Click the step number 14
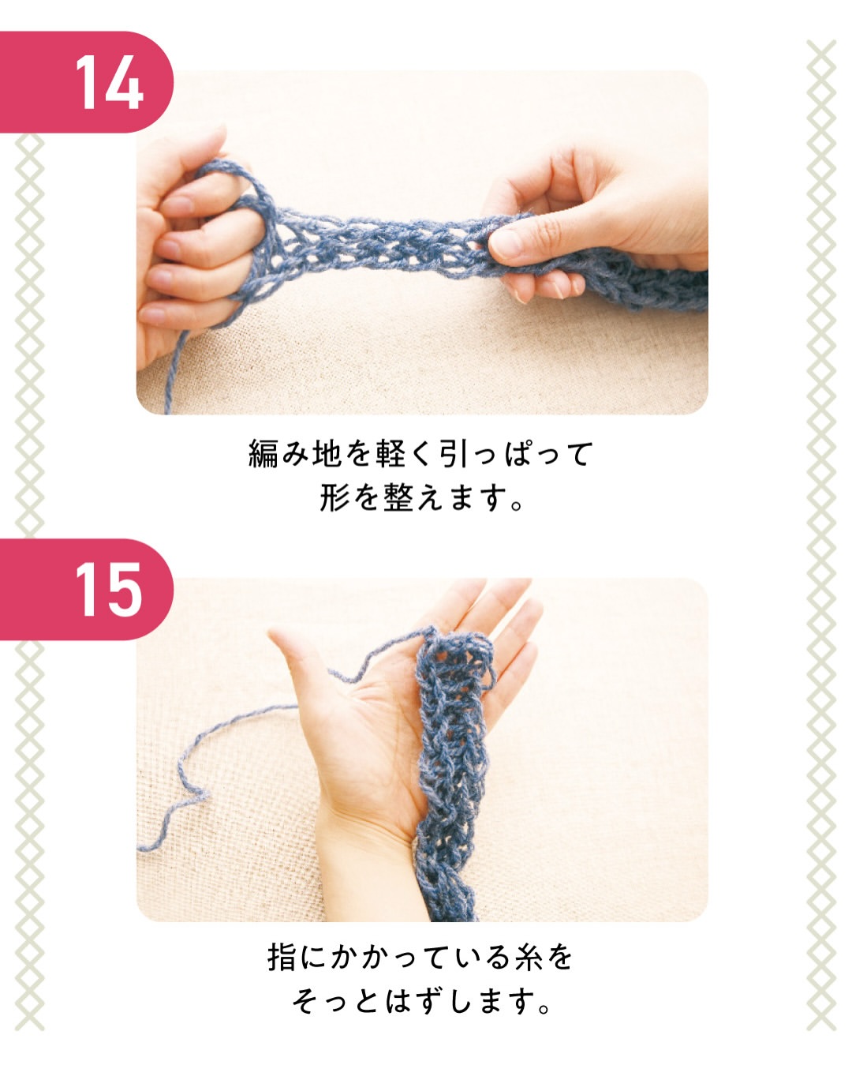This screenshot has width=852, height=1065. [x=110, y=82]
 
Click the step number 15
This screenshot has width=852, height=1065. [x=110, y=589]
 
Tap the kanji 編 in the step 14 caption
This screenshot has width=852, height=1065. [x=263, y=454]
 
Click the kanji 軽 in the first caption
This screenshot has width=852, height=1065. [x=390, y=454]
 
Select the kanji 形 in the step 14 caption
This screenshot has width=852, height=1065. [x=334, y=497]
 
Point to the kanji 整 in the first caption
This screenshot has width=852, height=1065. [x=398, y=497]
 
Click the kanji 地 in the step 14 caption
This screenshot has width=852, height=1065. [x=327, y=454]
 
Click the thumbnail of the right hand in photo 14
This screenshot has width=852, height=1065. [x=503, y=242]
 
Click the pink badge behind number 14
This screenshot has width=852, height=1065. [x=86, y=82]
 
